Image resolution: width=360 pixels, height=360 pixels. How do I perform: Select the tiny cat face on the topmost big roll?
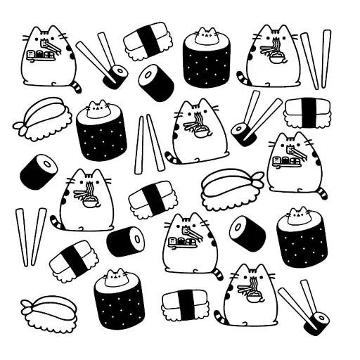click(x=205, y=35)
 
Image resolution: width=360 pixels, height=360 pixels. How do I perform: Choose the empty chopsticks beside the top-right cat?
click(x=316, y=59)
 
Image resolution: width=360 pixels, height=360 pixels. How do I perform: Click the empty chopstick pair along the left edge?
click(x=30, y=236)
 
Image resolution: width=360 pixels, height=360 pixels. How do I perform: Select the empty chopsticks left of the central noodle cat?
click(x=149, y=143)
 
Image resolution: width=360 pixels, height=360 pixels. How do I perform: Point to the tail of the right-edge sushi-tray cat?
click(x=321, y=191)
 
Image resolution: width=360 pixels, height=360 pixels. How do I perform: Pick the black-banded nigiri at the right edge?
click(x=308, y=110)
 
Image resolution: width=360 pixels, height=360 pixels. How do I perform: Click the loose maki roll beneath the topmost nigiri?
click(x=156, y=83)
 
